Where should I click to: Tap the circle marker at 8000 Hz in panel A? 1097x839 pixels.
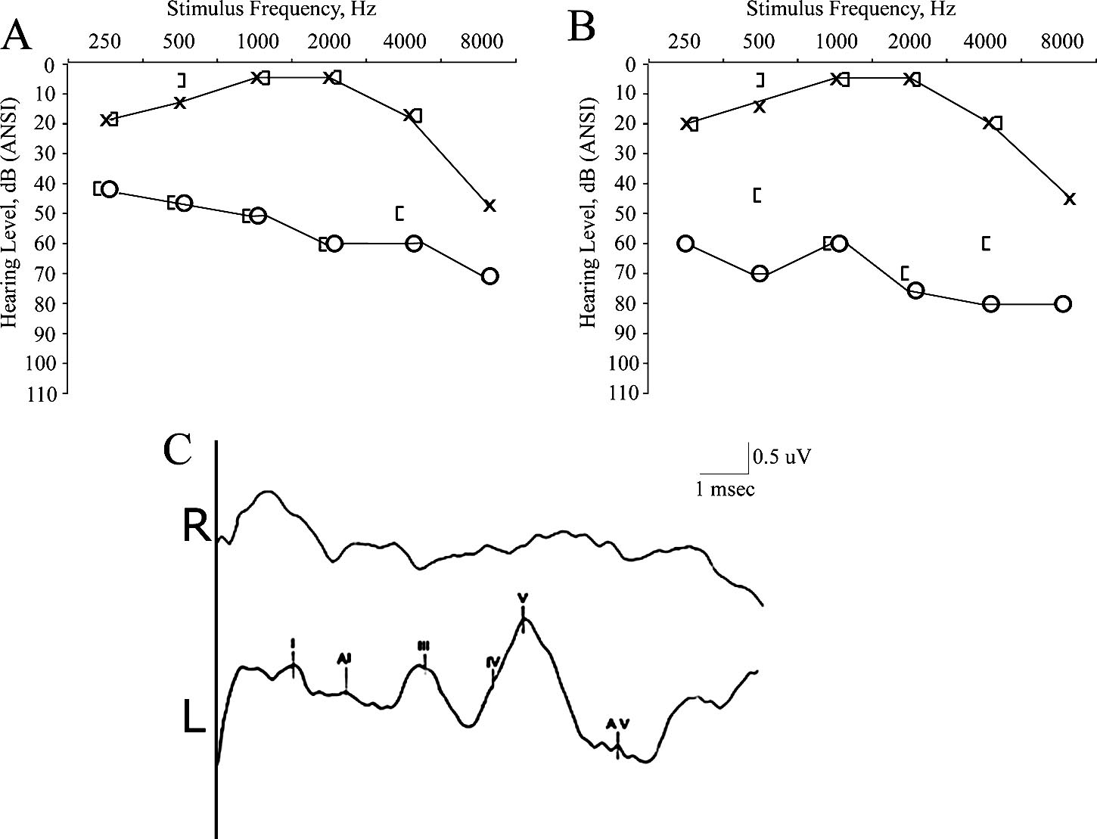[489, 276]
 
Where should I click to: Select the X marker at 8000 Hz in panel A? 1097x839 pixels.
[489, 205]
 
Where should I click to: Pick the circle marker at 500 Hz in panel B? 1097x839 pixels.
[760, 273]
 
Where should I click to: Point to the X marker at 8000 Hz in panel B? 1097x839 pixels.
[1069, 199]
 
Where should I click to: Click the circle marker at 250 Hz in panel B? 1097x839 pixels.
[685, 243]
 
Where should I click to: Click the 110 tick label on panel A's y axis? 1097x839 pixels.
[43, 393]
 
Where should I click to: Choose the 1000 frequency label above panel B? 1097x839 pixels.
[836, 41]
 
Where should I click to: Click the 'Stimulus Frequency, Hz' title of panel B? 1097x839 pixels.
[851, 10]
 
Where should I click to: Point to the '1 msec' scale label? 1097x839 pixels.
[725, 489]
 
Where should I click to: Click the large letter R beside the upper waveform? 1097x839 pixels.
[197, 527]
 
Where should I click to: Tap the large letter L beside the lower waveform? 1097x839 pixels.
[194, 716]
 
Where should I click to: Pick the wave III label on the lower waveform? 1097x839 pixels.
[424, 645]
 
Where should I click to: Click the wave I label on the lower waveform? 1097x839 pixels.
[293, 643]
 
